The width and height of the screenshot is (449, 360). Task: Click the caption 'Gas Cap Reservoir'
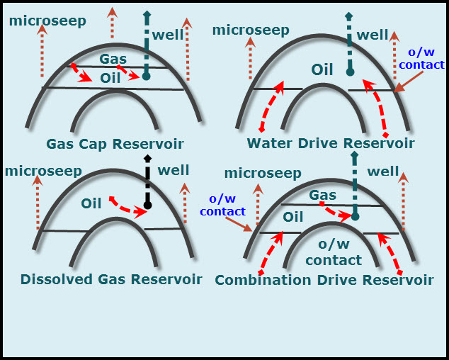115,145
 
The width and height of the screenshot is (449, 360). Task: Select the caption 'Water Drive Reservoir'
331,144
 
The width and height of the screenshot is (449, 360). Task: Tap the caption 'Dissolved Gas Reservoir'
111,279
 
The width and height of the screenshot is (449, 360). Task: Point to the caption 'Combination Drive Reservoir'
324,280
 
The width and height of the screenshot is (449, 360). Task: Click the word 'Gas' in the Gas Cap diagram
113,58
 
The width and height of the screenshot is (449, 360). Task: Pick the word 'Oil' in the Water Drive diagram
322,69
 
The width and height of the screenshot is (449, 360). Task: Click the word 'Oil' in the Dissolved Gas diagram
91,203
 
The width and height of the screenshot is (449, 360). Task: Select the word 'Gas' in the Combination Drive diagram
322,194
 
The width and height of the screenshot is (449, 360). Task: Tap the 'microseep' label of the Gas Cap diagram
47,21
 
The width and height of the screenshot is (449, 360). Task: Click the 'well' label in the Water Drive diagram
373,35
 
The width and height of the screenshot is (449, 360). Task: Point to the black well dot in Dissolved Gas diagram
147,206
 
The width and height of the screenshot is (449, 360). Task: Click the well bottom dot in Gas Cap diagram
146,76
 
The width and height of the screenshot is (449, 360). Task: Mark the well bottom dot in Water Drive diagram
349,72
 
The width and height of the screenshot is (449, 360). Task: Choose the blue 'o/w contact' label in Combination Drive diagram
222,206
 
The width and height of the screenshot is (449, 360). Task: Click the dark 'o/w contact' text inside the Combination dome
334,254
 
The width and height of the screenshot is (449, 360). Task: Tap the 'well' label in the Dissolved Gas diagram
174,170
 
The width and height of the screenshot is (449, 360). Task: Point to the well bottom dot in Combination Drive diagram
356,216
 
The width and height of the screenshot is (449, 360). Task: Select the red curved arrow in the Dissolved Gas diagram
126,208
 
